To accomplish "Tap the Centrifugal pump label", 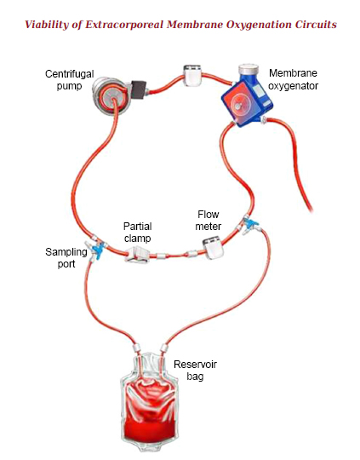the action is [70, 80].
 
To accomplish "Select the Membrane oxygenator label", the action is [293, 79].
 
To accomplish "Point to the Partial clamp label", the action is [138, 232].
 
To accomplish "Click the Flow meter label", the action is [209, 221].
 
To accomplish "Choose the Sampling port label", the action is [66, 257].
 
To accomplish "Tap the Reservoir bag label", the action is [195, 371].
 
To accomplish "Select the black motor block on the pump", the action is [139, 89].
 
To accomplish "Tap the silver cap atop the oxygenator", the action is [249, 69].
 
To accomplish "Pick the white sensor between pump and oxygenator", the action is [192, 76].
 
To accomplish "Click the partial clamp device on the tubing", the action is [137, 255].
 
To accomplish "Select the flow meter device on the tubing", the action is [213, 249].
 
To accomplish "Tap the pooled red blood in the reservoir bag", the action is [149, 429].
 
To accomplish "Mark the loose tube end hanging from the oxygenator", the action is [310, 209].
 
